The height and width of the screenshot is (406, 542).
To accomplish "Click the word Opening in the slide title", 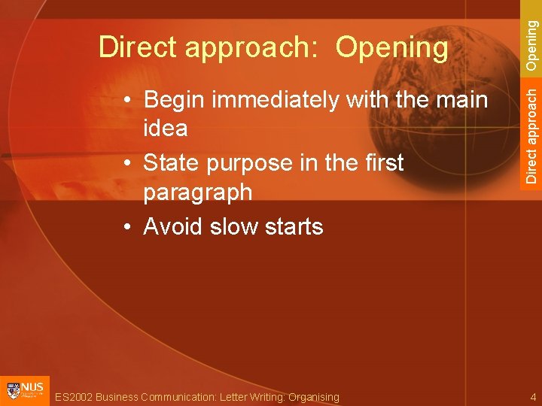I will [x=391, y=48].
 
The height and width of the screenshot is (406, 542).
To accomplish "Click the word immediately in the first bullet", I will [x=278, y=99].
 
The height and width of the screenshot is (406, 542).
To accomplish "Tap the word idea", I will [x=166, y=129].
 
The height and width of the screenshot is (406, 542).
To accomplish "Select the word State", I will [x=171, y=162].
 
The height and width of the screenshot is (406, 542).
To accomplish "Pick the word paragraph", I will [x=198, y=192].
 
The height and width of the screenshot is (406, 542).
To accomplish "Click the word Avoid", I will [x=172, y=226].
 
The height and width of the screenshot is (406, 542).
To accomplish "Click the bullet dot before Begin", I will [x=130, y=101].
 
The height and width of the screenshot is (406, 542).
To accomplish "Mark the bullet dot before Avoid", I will [x=130, y=227].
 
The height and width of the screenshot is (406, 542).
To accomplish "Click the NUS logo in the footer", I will [x=25, y=391].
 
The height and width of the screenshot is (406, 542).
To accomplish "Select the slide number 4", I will [x=531, y=396].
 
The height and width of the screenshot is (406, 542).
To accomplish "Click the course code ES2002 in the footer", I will [x=75, y=397].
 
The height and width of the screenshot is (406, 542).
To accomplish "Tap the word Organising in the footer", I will [x=312, y=397].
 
